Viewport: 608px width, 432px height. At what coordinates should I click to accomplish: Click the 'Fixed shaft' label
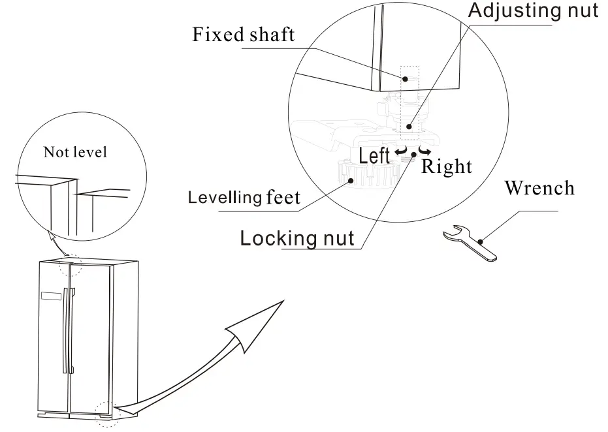[243, 34]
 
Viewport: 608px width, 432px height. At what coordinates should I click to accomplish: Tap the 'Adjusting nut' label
[534, 10]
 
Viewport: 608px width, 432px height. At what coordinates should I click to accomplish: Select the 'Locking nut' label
[297, 238]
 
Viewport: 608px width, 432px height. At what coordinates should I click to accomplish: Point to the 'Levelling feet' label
[244, 196]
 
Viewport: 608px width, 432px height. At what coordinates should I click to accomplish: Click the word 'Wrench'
[539, 189]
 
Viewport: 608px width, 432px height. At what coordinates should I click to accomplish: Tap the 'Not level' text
[75, 153]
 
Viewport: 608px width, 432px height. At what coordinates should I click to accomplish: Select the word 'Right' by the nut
[447, 166]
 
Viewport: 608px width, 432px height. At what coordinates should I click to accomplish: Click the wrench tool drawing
[470, 243]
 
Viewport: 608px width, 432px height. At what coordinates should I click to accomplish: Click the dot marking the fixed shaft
[406, 78]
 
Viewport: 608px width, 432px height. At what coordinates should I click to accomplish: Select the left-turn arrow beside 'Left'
[402, 153]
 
